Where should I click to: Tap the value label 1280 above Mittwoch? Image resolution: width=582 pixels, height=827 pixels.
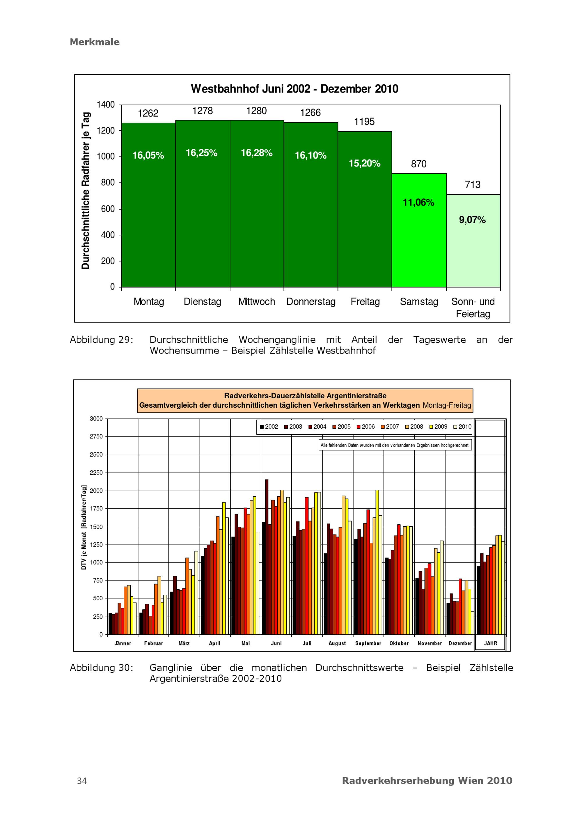click(x=256, y=111)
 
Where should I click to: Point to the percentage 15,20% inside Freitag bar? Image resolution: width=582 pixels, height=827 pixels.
click(x=364, y=164)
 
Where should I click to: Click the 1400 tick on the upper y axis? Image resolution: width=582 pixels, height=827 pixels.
click(x=106, y=105)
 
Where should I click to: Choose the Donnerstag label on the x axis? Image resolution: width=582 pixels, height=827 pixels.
click(x=311, y=302)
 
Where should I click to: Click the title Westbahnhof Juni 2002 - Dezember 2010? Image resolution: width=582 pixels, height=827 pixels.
click(x=294, y=89)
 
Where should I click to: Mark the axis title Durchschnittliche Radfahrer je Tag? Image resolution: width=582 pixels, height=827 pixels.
click(x=85, y=191)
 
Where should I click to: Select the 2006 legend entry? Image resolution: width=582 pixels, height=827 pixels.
click(x=365, y=427)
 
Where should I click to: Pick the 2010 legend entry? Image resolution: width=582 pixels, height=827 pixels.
click(x=462, y=427)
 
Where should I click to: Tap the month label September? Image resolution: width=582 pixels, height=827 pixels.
click(x=368, y=643)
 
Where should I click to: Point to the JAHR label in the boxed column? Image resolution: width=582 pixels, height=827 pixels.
click(x=491, y=643)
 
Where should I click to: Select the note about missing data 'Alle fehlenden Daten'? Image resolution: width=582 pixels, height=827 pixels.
click(x=395, y=445)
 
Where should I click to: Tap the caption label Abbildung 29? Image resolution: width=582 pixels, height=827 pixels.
click(x=102, y=340)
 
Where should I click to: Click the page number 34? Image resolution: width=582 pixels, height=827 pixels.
click(x=82, y=781)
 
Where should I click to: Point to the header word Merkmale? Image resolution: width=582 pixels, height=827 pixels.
click(x=95, y=42)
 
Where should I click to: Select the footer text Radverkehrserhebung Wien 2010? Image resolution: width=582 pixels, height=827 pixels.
click(x=427, y=781)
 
